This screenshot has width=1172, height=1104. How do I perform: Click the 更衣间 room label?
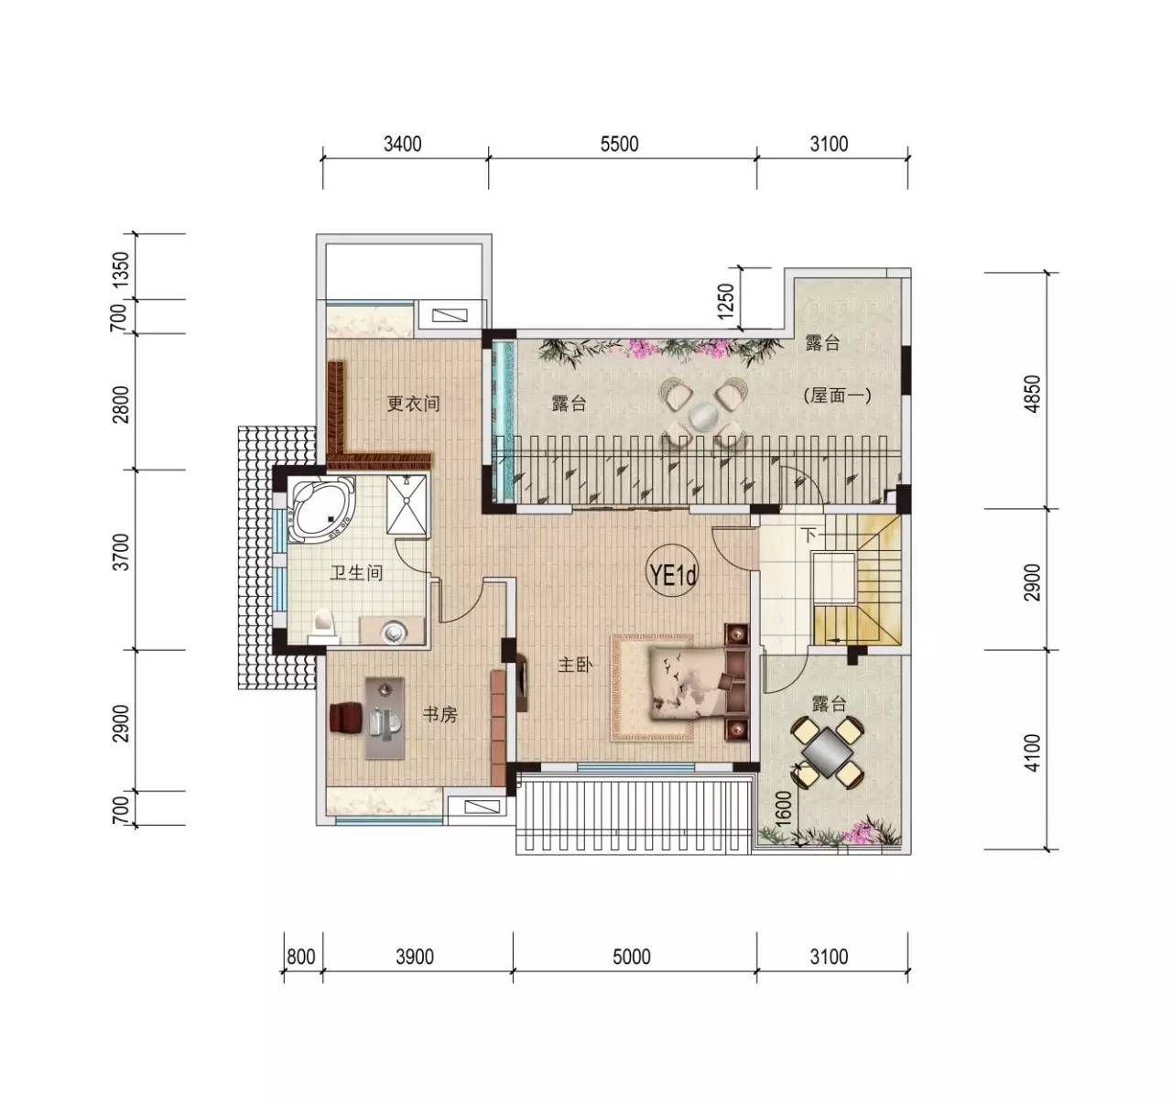tap(413, 404)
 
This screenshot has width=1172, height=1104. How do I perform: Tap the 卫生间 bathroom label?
tap(356, 572)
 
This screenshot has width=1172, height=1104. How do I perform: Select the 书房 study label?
tap(439, 715)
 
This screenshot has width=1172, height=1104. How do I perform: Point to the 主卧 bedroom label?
tap(575, 665)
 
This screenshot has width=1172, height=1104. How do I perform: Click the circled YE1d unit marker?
tap(673, 575)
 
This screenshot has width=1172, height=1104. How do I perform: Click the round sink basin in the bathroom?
tap(393, 633)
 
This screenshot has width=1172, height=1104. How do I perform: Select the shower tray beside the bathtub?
tap(407, 504)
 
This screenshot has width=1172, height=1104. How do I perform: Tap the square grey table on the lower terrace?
tap(829, 752)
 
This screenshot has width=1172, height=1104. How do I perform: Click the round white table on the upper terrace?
tap(704, 416)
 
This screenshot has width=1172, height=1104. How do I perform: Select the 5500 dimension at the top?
tap(619, 144)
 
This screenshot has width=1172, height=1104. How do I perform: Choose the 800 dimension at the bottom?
tap(301, 957)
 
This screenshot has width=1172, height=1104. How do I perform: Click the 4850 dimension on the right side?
tap(1033, 394)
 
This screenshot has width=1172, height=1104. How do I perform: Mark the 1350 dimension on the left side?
tap(120, 270)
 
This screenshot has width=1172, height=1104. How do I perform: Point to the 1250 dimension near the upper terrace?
tap(726, 301)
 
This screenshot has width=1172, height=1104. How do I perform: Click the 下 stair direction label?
tap(809, 536)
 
